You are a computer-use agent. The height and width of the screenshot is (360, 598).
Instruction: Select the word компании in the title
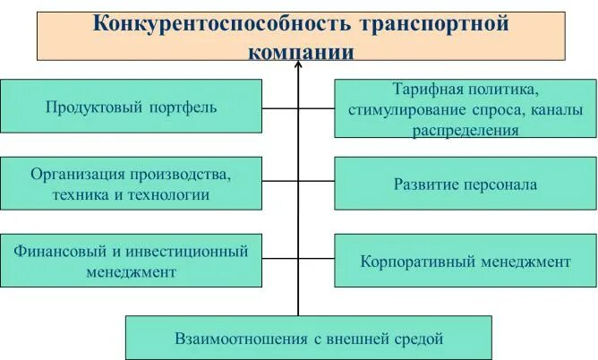point(301,52)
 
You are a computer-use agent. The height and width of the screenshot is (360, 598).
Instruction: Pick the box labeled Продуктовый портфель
point(132,107)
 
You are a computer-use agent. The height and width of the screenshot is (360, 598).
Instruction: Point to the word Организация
point(73,174)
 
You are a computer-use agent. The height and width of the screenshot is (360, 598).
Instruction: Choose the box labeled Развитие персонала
point(465,185)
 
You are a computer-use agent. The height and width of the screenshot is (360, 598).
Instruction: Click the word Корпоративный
point(414,261)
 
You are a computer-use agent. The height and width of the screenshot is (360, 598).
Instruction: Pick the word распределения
point(465,130)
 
